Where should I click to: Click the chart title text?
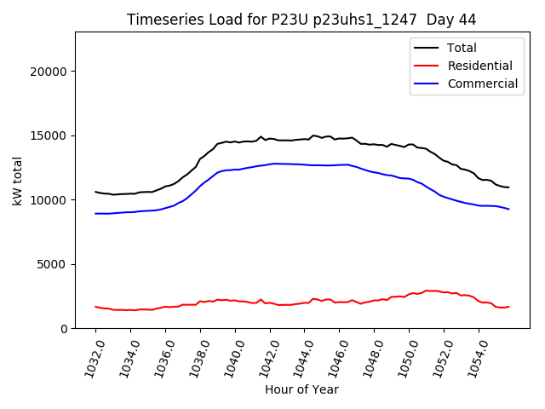click(x=301, y=19)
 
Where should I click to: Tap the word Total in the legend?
click(x=462, y=48)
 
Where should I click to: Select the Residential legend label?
click(x=479, y=66)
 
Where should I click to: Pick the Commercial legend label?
click(x=482, y=84)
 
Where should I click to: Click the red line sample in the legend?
click(x=427, y=66)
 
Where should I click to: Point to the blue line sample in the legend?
click(x=427, y=84)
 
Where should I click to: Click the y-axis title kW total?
click(x=18, y=181)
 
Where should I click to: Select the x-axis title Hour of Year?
click(x=301, y=389)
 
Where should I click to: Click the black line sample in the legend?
click(x=427, y=48)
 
